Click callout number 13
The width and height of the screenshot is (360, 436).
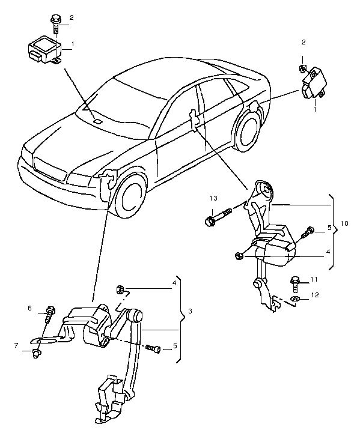coord(213,198)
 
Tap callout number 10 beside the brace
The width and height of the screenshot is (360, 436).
coord(344,223)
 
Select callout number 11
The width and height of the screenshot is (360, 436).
coord(314,279)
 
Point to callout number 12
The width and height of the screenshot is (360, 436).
coord(315,295)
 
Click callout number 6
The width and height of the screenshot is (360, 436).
coord(30,308)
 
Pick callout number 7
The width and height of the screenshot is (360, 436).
coord(16,345)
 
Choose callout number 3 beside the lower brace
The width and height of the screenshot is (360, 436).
coord(190,311)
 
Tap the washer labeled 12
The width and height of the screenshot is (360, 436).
coord(294,299)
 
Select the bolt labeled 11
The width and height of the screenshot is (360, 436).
coord(295,283)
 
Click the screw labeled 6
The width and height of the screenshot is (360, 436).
coord(49,313)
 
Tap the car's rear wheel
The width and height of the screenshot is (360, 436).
coord(248,131)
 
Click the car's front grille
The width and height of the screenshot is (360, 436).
coord(49,169)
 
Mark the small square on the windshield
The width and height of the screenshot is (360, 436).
coord(97,121)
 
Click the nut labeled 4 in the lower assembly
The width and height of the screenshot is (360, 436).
coord(120,289)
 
